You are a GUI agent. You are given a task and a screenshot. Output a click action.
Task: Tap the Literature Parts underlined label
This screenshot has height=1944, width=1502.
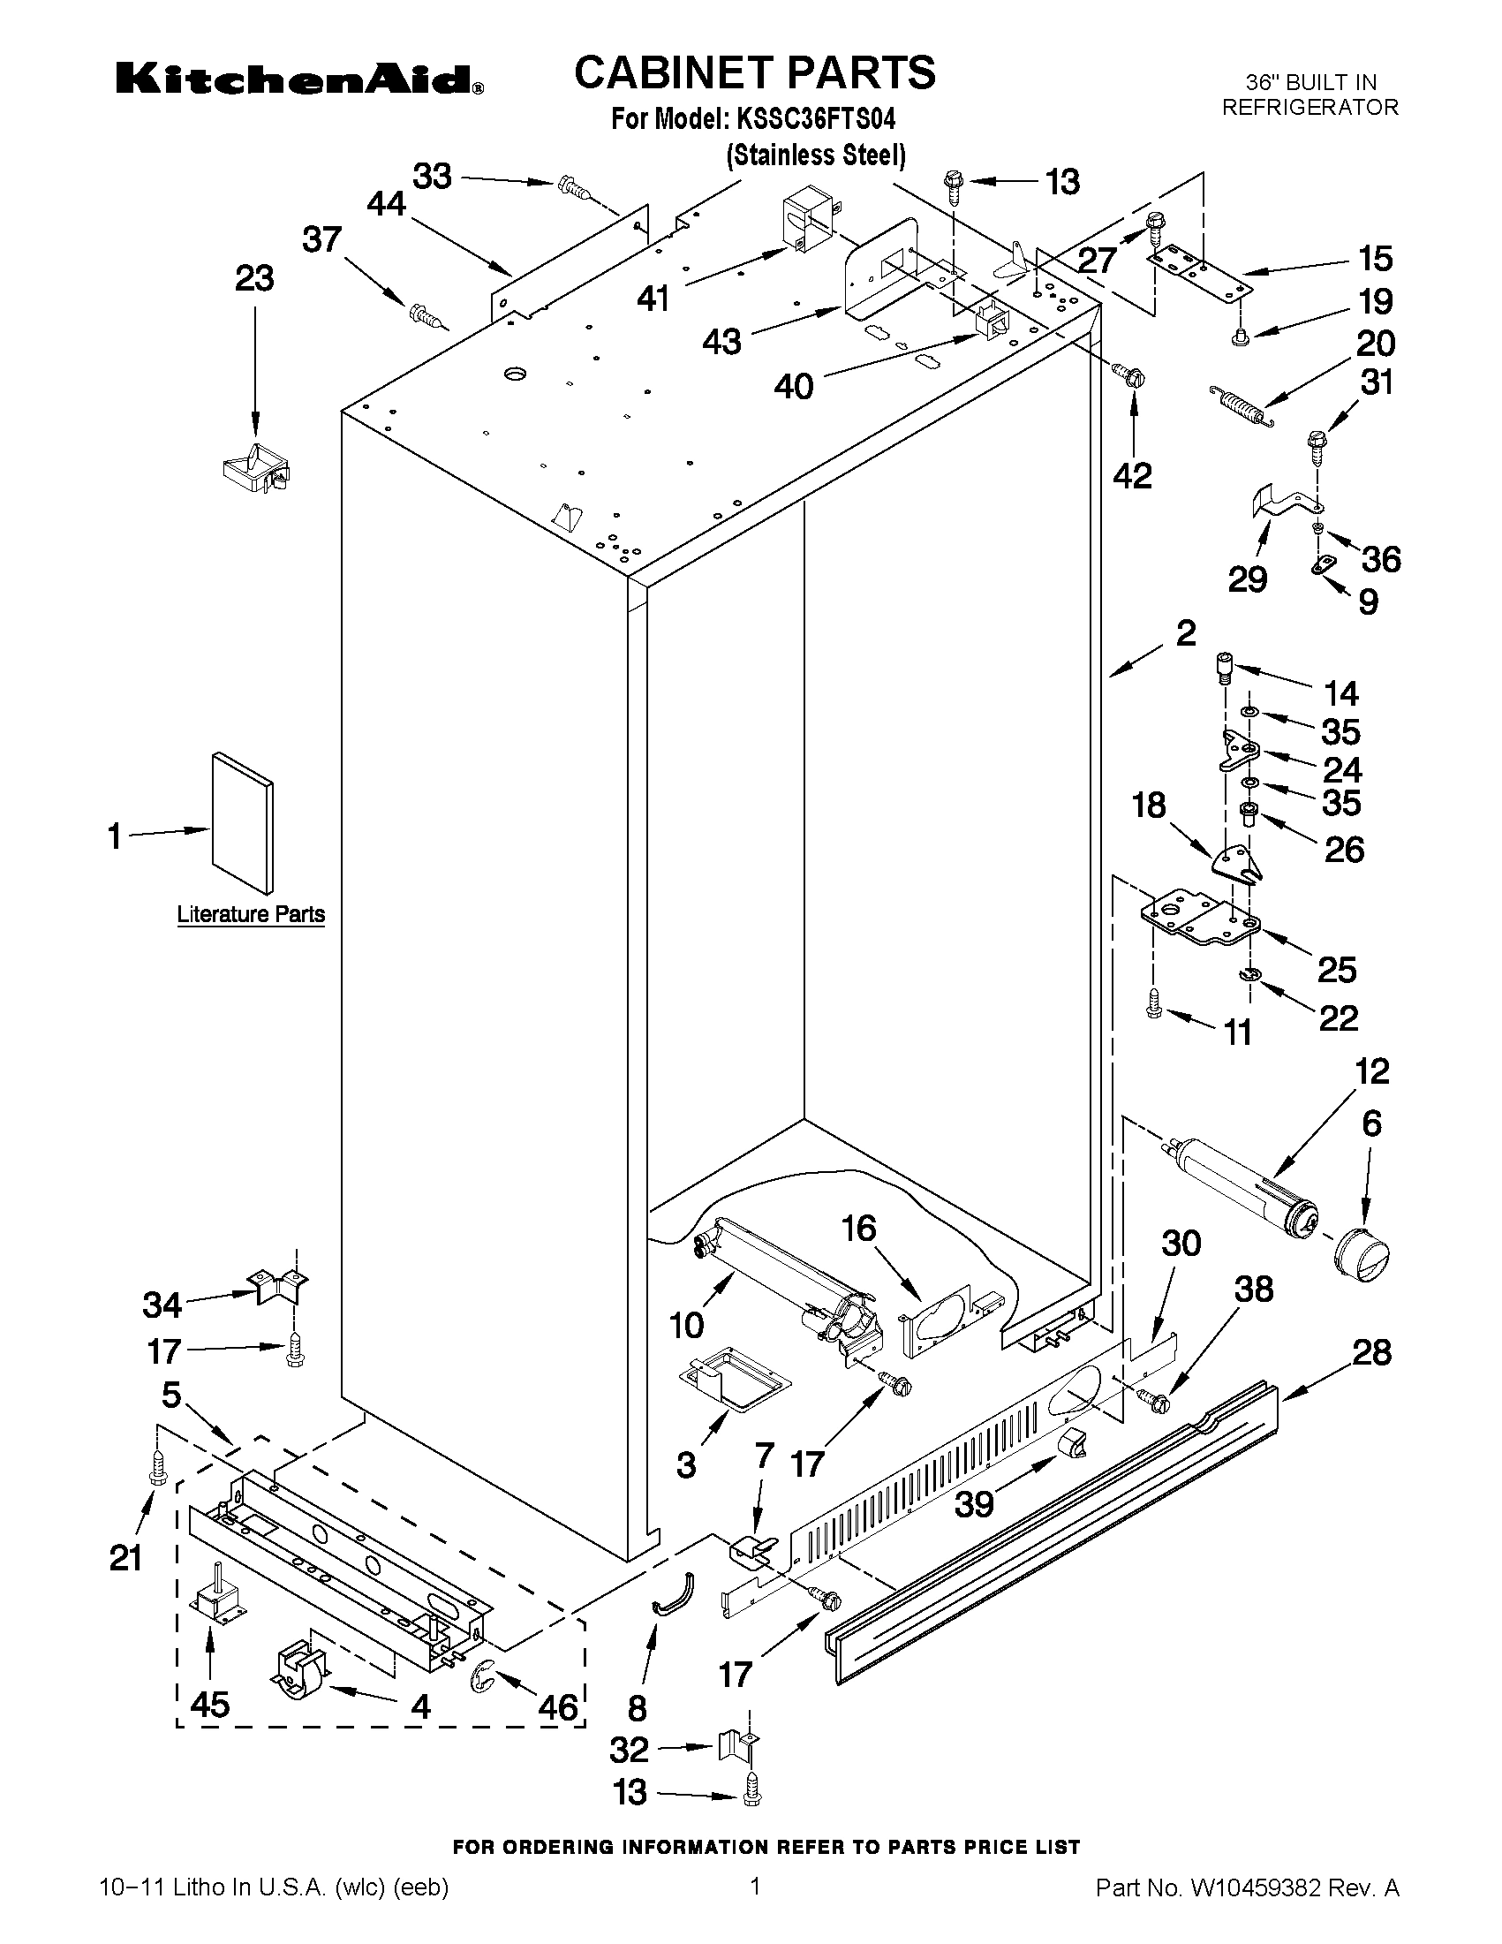(250, 914)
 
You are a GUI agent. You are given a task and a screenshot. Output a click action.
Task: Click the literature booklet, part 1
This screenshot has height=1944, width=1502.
(242, 821)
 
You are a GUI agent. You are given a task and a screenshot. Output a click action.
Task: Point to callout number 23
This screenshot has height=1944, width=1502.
(254, 279)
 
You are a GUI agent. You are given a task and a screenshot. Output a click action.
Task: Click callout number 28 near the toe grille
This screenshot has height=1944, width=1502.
(1371, 1352)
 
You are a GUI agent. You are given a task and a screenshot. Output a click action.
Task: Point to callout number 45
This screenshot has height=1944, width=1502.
(210, 1704)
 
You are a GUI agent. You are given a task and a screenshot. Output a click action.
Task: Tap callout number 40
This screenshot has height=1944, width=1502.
(794, 386)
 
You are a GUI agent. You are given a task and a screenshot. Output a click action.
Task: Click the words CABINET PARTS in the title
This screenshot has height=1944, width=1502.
(755, 73)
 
